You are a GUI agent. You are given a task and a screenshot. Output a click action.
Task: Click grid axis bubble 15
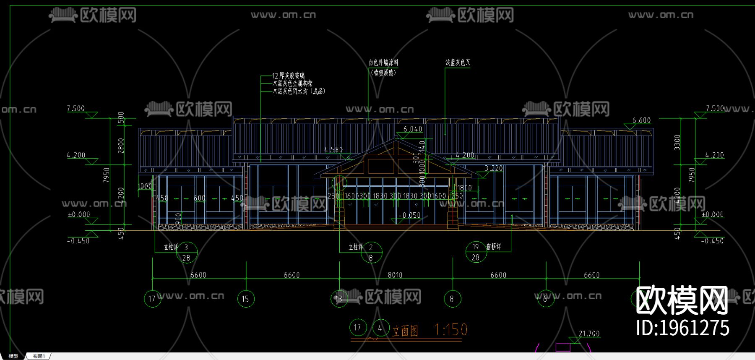pos(245,299)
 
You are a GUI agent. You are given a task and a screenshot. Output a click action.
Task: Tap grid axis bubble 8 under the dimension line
pos(452,299)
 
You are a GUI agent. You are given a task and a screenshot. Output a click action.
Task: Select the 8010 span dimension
pos(395,275)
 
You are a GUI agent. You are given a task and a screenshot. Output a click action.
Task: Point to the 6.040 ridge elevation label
pos(413,129)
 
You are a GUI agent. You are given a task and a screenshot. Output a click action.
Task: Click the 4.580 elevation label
pos(333,149)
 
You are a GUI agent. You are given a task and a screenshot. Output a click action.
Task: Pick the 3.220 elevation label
pos(493,168)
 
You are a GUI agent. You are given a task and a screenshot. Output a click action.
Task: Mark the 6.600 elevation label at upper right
pos(641,120)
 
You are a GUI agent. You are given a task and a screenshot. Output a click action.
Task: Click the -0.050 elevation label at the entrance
pos(409,215)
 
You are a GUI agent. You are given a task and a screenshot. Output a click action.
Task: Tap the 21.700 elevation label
pos(589,334)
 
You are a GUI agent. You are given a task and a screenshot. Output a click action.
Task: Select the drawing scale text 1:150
pos(450,330)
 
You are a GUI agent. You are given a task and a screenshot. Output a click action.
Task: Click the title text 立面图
pos(405,331)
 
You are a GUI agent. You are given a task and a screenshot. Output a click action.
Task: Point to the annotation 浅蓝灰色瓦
pos(458,63)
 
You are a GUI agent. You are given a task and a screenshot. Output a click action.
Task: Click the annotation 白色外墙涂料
pos(383,63)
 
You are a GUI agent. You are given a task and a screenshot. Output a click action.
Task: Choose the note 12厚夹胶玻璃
pos(288,76)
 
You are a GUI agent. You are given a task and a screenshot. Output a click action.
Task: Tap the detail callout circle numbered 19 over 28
pos(476,252)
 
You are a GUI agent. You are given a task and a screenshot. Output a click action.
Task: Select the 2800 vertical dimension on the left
pos(121,146)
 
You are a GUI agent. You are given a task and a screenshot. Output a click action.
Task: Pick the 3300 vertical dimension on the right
pos(677,142)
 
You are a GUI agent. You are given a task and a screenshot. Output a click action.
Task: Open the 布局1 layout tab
pos(39,356)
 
